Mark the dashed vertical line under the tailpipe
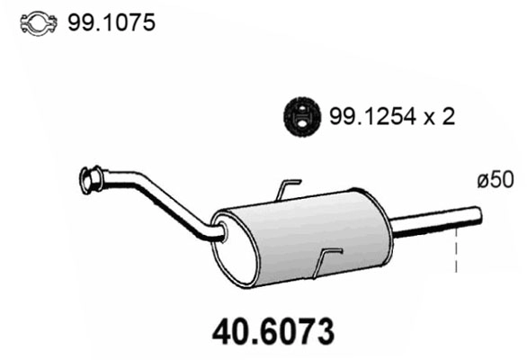(x=457, y=247)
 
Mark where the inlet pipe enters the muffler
(x=220, y=236)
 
